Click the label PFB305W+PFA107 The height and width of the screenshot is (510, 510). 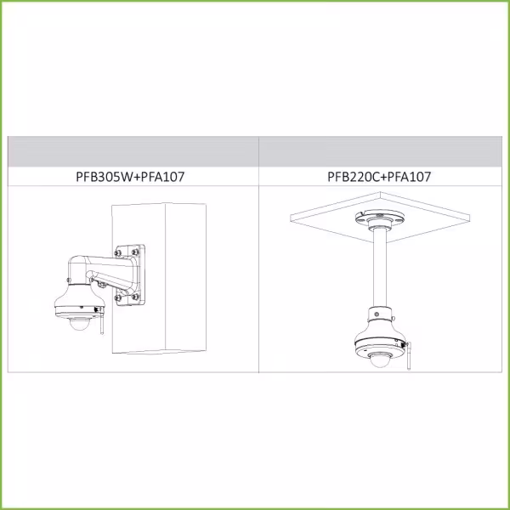pos(130,177)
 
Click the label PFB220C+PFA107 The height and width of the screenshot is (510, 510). pos(379,177)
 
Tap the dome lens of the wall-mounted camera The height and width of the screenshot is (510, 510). pos(79,325)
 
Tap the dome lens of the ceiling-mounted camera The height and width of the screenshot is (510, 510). pos(379,360)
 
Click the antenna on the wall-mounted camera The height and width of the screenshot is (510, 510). pos(101,321)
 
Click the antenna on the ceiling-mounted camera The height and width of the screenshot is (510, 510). pos(409,356)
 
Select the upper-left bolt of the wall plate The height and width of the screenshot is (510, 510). pos(118,253)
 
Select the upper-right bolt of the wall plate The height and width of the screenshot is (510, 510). pos(135,252)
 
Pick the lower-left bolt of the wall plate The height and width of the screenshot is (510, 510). pos(118,297)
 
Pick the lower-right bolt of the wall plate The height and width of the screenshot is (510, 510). pos(135,297)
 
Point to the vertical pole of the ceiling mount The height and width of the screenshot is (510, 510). pos(380,268)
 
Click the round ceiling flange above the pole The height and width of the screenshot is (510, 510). pos(379,218)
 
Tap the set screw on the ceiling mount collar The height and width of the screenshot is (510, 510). pos(377,314)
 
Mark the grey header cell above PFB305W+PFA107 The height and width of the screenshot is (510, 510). pos(133,151)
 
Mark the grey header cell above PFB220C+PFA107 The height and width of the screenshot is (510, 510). pos(381,151)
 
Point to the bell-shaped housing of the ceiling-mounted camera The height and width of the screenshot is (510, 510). pos(380,338)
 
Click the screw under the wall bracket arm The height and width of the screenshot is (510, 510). pos(102,286)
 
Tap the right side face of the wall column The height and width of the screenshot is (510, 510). pos(185,277)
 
